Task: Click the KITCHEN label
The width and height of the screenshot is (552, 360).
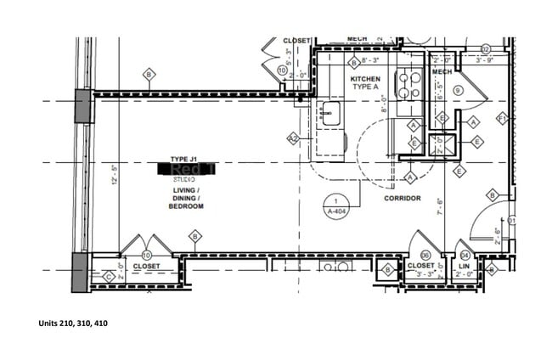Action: click(x=366, y=79)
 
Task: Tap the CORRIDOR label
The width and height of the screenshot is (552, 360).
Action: click(x=402, y=198)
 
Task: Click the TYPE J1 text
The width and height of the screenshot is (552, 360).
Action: click(x=183, y=159)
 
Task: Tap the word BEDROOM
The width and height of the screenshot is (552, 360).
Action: click(x=186, y=206)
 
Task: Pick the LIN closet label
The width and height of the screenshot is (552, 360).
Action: click(x=465, y=266)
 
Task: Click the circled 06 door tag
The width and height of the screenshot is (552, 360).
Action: click(x=425, y=254)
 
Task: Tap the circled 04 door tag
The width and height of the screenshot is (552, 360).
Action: click(x=465, y=254)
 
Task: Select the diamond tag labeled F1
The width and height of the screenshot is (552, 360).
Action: click(x=502, y=117)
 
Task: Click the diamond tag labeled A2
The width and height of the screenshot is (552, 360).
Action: click(x=293, y=138)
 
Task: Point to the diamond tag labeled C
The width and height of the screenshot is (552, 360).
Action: click(x=108, y=276)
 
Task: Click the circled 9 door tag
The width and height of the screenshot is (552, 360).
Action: click(x=458, y=90)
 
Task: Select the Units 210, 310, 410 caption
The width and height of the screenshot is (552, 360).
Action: click(x=73, y=323)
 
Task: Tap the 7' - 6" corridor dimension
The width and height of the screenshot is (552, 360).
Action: click(x=439, y=206)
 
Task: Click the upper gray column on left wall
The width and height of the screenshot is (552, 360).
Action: click(x=83, y=106)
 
